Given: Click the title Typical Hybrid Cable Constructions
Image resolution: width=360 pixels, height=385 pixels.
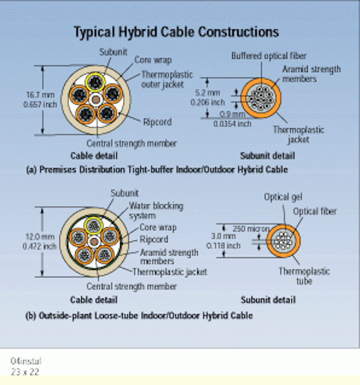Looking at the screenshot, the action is tap(176, 32).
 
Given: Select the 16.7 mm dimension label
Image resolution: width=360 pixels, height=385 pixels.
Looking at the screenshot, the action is tap(40, 95).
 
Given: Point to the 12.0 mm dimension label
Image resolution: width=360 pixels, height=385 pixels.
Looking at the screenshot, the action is tap(40, 236).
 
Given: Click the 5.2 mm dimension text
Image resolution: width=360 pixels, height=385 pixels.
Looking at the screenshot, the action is tap(208, 93).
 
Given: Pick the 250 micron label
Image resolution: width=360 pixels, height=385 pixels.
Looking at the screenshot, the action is tap(251, 229).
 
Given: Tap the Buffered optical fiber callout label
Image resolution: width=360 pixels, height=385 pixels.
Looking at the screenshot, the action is tap(269, 56).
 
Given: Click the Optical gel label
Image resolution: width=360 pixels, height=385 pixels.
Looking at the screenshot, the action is tap(283, 197).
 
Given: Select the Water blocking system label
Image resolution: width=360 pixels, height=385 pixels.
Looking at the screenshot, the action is tap(156, 211).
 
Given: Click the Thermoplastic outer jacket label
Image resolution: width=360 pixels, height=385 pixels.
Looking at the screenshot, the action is tap(167, 79).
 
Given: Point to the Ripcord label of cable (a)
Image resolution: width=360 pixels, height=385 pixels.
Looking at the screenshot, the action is tap(157, 122).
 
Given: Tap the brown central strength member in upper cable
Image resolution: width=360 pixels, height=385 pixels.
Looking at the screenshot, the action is tap(96, 100).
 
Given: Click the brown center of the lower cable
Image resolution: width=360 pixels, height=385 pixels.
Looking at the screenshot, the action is tap(94, 242).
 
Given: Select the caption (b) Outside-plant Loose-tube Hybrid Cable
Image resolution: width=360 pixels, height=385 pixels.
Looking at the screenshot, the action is tap(139, 315).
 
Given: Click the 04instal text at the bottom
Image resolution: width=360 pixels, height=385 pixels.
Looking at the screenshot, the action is tap(26, 361).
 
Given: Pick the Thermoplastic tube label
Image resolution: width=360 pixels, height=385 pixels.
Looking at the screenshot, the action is tap(304, 276).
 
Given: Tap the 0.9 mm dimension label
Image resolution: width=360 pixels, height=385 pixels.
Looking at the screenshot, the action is tap(232, 114).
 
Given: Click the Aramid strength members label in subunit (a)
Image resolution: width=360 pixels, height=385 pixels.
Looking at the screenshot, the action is tap(311, 73).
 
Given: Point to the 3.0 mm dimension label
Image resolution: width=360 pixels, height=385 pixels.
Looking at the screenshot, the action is tap(223, 236).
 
